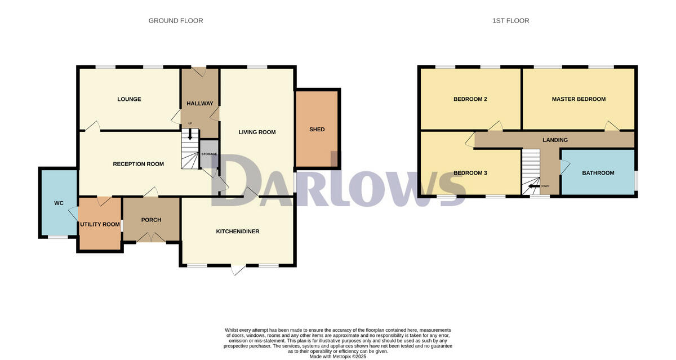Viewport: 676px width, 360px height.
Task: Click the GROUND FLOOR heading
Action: (176, 21)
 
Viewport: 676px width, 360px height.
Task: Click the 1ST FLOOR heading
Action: (510, 21)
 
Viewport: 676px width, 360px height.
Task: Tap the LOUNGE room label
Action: (129, 99)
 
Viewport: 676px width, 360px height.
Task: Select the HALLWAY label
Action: (200, 104)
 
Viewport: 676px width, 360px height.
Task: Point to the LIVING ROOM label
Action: (257, 132)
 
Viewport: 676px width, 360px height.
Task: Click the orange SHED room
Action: (317, 129)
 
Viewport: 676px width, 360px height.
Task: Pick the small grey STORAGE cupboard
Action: (209, 153)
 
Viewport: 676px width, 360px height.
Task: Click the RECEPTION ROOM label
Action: (138, 164)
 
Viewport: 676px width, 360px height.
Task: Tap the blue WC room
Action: (59, 203)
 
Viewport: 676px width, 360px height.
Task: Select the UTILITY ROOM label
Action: (100, 224)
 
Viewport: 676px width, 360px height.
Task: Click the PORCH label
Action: (151, 220)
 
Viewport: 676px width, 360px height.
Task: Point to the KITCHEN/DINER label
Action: (238, 232)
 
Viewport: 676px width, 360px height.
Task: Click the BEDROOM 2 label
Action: (470, 99)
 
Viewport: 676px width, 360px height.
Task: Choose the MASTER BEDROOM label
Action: (579, 99)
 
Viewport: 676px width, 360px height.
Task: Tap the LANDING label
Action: (555, 140)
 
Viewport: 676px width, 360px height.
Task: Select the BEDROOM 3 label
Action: (470, 173)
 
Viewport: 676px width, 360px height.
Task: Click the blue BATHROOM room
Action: (598, 173)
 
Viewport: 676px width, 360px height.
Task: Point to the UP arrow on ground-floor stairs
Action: (190, 134)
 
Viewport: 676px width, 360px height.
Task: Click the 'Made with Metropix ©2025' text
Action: (338, 356)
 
